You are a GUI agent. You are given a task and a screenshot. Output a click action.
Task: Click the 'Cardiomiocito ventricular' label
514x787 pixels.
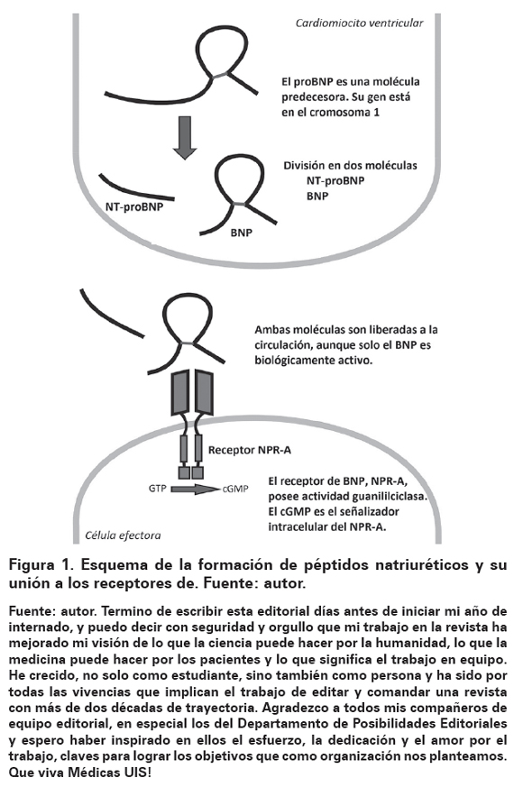[359, 23]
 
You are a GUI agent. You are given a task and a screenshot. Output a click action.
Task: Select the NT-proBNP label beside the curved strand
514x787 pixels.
[134, 206]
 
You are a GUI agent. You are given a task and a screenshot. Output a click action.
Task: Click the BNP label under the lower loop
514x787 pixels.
[242, 233]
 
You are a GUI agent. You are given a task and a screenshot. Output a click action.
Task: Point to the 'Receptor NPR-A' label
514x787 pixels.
[250, 450]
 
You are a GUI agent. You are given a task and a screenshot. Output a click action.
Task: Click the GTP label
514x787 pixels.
[157, 488]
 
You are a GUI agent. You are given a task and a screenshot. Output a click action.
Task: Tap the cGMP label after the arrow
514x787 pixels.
[235, 489]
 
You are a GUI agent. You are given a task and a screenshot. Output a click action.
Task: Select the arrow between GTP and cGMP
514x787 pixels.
[195, 489]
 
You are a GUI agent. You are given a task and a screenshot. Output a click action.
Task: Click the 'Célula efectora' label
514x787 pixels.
[123, 535]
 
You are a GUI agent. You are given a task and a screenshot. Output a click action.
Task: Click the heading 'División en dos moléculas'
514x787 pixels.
[351, 166]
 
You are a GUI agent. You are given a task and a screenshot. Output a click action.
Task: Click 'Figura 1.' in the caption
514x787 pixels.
[41, 565]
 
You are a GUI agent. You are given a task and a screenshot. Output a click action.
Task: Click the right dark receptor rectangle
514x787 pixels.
[204, 392]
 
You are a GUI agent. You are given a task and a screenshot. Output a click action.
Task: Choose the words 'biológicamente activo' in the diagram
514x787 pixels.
[314, 361]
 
